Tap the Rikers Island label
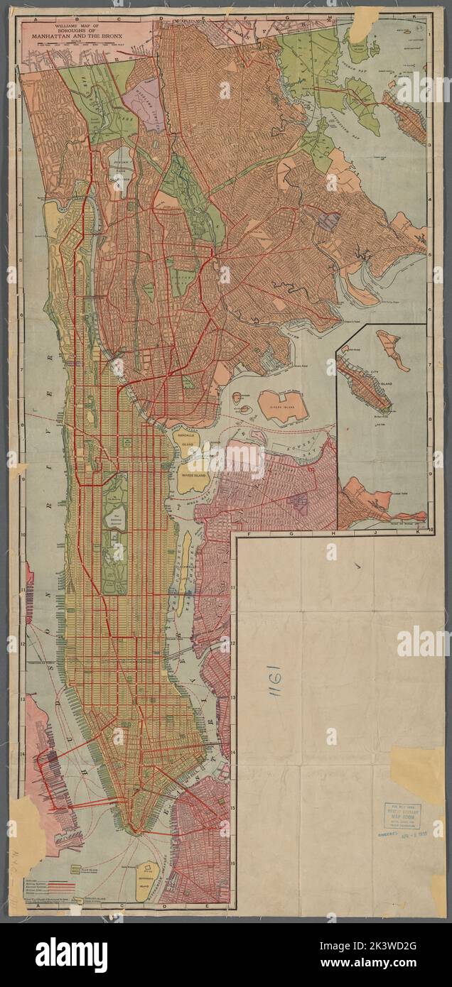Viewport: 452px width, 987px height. tap(279, 403)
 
